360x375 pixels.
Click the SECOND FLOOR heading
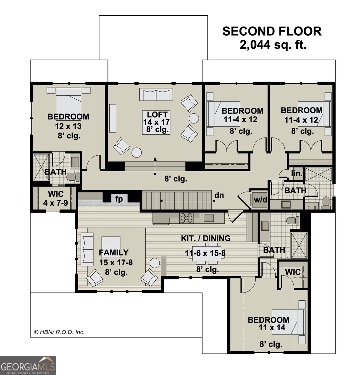(x=272, y=32)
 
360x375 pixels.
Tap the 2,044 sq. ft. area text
(x=273, y=45)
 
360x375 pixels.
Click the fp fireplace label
(x=119, y=199)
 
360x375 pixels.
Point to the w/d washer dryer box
(x=260, y=200)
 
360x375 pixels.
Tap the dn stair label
(x=219, y=195)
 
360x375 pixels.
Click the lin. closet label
(x=297, y=174)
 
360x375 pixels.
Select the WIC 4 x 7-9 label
(x=56, y=199)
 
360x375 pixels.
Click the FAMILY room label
(x=113, y=252)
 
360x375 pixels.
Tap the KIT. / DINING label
(x=206, y=238)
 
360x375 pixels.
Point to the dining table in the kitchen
(x=205, y=253)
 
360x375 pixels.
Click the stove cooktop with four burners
(x=186, y=218)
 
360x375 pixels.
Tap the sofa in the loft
(x=156, y=94)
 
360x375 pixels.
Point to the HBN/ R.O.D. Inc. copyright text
(x=59, y=332)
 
